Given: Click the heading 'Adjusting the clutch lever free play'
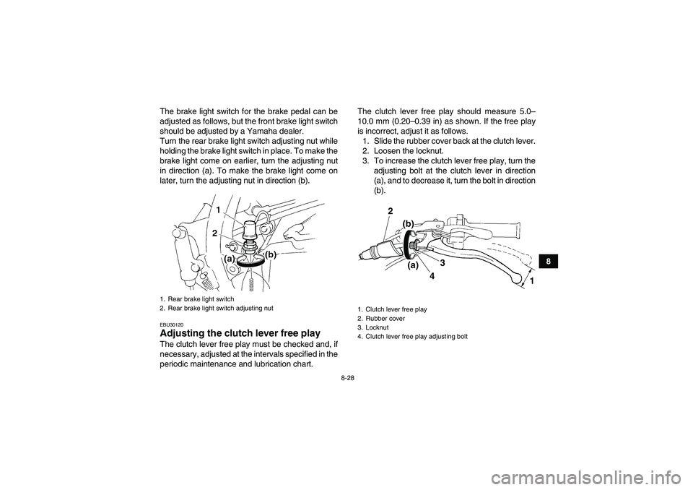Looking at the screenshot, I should tap(239, 333).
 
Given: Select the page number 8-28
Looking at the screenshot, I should tap(346, 377).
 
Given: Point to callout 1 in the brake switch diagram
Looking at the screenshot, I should tap(217, 209).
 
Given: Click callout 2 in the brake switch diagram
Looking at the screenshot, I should tap(214, 233).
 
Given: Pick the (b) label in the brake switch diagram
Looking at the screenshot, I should tap(271, 254).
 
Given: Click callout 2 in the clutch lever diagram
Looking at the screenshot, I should tap(389, 210).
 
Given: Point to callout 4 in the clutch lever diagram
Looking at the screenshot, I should tap(431, 275).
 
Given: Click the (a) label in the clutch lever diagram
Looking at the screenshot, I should tap(412, 266).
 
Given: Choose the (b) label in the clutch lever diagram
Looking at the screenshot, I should tap(409, 224).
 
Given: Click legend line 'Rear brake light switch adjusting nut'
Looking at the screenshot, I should tap(216, 309).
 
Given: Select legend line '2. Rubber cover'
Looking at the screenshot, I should tap(383, 318).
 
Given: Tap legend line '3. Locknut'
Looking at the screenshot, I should tap(377, 327).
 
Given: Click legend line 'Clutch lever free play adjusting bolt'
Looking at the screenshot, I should tap(412, 337).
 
